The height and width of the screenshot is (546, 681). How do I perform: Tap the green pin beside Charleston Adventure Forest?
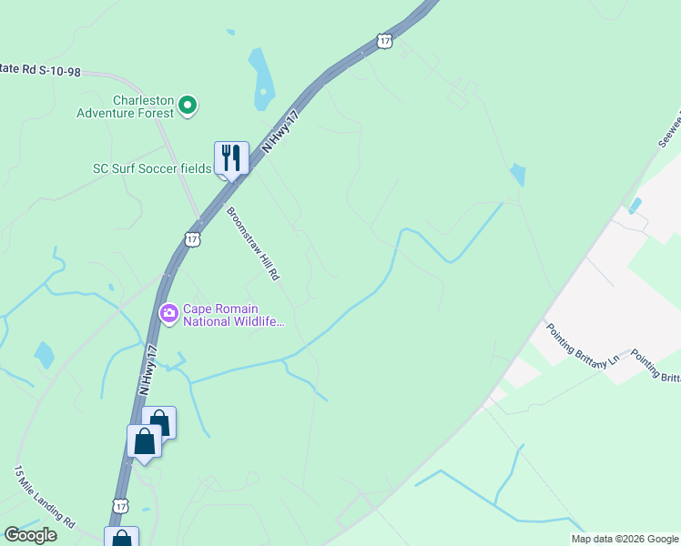coord(188,106)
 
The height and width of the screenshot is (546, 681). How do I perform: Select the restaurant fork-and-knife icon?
coord(230,158)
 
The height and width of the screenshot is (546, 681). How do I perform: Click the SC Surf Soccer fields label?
coord(152,168)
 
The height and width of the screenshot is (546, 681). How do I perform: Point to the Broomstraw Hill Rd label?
coord(253,243)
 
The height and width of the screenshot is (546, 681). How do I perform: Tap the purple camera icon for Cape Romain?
coord(169,314)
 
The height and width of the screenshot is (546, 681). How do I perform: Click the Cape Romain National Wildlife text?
coord(235,315)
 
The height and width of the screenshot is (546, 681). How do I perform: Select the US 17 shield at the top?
coord(384,41)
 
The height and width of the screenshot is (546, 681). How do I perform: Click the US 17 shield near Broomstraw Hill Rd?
coord(191,238)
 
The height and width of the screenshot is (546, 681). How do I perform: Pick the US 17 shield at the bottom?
coord(121,505)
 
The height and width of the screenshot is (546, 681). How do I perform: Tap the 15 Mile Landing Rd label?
coord(45,498)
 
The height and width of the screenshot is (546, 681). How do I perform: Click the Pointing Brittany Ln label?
coord(583,344)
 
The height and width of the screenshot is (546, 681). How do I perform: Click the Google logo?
coord(30,535)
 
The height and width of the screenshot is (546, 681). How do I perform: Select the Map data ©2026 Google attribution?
coord(625,539)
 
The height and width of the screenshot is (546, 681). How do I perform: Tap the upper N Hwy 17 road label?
coord(280,135)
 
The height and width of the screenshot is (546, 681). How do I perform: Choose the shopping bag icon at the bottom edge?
coord(121,539)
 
